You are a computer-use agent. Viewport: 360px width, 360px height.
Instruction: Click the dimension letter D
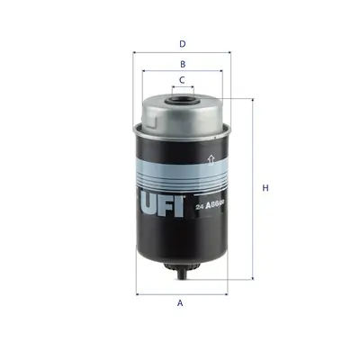(x=182, y=42)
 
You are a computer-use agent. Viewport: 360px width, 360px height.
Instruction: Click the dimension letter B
(x=182, y=64)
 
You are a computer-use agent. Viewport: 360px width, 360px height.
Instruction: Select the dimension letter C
(x=182, y=80)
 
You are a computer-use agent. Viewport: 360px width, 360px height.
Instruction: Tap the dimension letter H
(x=265, y=188)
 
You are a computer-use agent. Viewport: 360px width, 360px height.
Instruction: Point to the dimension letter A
(x=180, y=303)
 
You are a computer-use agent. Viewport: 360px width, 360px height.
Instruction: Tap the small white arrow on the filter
(x=210, y=160)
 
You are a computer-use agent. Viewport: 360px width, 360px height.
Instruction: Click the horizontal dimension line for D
(x=182, y=52)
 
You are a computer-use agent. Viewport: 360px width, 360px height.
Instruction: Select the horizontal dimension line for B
(x=182, y=74)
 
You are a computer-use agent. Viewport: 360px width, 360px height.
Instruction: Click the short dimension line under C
(x=182, y=89)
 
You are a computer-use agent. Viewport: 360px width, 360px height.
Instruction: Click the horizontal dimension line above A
(x=182, y=293)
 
